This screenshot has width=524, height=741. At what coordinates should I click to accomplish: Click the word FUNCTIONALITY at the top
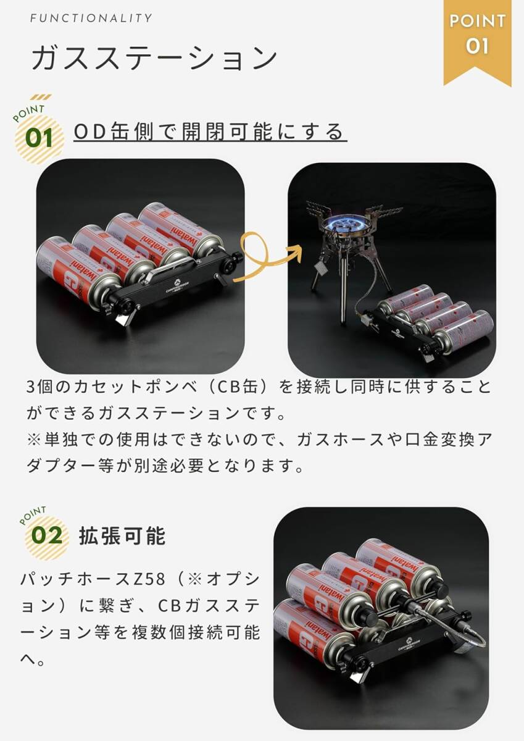[91, 18]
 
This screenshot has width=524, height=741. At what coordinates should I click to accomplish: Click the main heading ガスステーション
[154, 59]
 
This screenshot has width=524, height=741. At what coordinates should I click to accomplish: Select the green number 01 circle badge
[39, 138]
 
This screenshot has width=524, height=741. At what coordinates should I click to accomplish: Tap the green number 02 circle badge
[47, 535]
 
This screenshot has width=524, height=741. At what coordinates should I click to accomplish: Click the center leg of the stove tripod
[343, 296]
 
